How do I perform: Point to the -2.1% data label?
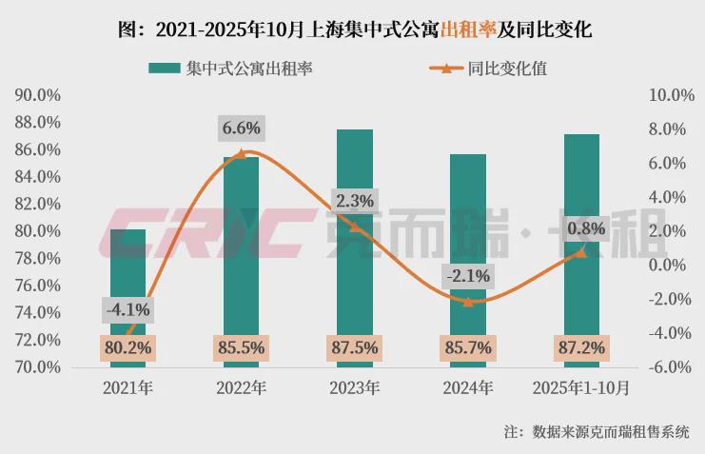[x=468, y=277]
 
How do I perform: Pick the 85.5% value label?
[x=242, y=348]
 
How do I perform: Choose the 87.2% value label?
[x=581, y=348]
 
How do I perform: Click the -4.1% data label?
[x=127, y=309]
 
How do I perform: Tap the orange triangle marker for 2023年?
[x=355, y=227]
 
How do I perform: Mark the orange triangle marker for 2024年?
[x=468, y=301]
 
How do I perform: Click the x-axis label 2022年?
[x=242, y=388]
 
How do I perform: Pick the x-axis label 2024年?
[x=468, y=388]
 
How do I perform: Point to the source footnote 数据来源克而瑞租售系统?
[x=610, y=431]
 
